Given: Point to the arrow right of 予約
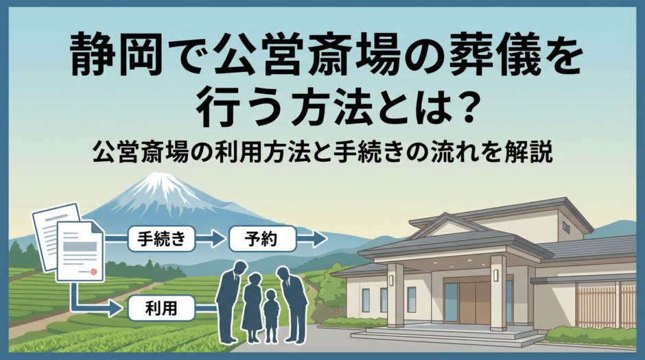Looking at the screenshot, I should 313,239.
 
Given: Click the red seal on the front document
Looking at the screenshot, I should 93,272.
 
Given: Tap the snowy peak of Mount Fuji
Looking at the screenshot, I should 159,184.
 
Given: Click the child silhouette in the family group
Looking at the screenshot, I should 271,315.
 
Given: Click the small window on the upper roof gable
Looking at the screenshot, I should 565,227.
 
